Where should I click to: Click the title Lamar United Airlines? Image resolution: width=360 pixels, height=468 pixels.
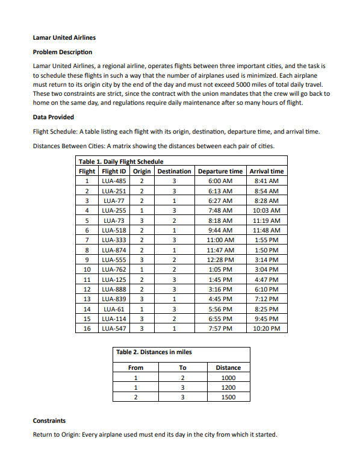click(64, 37)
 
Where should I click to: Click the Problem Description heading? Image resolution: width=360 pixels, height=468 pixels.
click(63, 52)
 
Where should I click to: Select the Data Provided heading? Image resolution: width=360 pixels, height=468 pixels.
click(54, 117)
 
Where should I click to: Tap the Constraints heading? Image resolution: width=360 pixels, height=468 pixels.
click(49, 420)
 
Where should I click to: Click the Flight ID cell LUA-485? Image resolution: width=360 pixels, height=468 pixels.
click(114, 181)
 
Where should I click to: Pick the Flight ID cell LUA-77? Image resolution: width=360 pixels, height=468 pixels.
click(114, 201)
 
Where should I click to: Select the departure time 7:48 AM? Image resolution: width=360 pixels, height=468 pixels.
click(220, 210)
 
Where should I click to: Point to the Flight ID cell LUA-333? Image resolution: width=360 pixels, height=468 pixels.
click(114, 240)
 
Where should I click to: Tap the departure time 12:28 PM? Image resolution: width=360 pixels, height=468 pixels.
click(220, 260)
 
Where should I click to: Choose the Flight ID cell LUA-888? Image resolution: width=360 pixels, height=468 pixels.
click(114, 289)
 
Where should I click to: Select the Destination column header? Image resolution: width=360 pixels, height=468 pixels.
click(174, 171)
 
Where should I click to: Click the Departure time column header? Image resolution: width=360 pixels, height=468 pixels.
click(220, 171)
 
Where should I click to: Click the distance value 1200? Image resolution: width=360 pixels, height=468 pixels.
click(228, 387)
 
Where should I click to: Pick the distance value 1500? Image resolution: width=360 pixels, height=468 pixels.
click(228, 398)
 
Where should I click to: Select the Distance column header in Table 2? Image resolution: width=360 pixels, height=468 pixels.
click(228, 367)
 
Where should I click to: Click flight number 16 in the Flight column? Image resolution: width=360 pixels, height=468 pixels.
click(87, 329)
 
